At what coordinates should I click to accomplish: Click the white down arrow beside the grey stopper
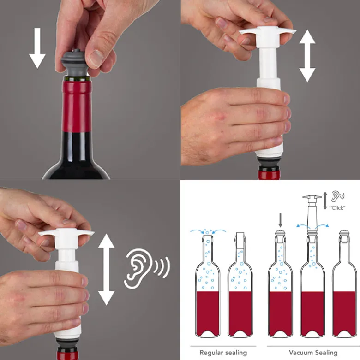37,48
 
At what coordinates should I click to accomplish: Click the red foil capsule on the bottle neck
77,105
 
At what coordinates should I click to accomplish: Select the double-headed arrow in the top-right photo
307,56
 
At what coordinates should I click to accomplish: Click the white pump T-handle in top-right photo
267,35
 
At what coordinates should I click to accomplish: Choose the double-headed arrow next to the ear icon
106,270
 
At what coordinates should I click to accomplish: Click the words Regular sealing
223,353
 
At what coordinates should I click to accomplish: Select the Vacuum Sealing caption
313,353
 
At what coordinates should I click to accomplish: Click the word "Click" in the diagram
337,208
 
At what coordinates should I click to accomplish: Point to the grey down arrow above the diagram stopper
280,220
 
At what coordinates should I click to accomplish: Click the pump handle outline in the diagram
312,197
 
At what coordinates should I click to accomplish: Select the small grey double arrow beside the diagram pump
325,201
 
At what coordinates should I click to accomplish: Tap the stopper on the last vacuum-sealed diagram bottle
344,236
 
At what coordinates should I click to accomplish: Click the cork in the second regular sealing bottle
240,240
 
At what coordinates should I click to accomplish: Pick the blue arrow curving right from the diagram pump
321,226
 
